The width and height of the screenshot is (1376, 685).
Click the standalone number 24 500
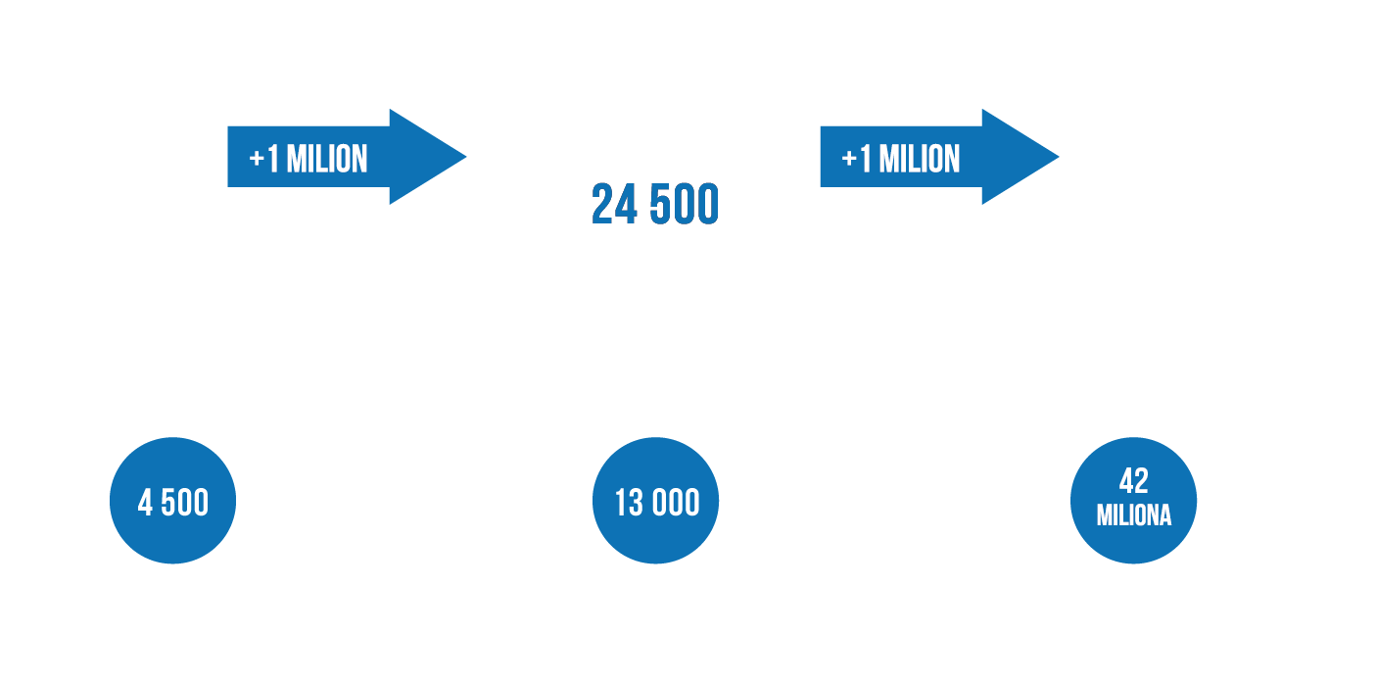[655, 204]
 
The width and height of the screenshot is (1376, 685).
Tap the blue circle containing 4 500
[172, 501]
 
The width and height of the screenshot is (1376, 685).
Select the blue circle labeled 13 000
[655, 501]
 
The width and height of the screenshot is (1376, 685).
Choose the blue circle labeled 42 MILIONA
[1133, 501]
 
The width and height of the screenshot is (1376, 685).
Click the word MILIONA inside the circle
[1134, 515]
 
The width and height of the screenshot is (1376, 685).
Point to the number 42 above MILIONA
[1134, 481]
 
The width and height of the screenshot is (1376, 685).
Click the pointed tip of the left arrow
[466, 157]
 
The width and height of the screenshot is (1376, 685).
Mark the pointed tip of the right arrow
[1059, 157]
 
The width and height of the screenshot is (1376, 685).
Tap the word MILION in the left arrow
[327, 159]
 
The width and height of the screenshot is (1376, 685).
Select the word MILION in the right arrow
[920, 159]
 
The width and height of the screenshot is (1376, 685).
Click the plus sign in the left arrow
[257, 160]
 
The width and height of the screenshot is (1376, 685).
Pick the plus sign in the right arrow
[849, 160]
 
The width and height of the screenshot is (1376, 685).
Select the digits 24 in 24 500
[614, 204]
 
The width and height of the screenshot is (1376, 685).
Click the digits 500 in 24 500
[685, 204]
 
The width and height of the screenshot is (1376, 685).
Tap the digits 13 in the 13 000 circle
[629, 503]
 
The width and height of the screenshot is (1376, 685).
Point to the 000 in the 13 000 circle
[676, 503]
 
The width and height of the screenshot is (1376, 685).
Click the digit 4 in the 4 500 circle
[145, 503]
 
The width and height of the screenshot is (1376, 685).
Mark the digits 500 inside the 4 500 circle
[185, 503]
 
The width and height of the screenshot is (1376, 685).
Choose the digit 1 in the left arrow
[274, 159]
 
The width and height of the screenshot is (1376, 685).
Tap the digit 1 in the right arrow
[867, 159]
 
